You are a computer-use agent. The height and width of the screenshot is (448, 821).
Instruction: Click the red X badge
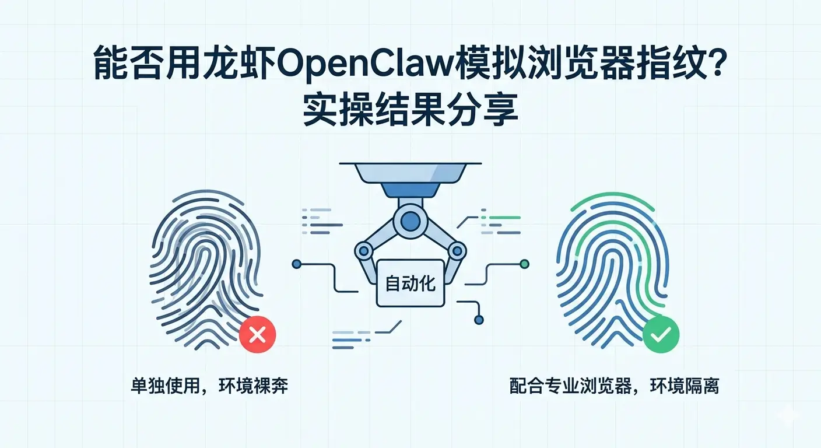tap(257, 334)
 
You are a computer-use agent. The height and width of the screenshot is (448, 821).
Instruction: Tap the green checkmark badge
tap(661, 334)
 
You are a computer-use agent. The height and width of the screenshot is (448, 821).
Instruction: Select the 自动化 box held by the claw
tap(410, 284)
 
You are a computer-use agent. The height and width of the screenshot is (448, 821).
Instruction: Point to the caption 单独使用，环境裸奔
tap(209, 386)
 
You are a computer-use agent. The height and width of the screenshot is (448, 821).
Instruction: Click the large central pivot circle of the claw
tap(410, 220)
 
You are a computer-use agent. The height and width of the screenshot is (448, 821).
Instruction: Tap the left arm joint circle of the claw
tap(364, 251)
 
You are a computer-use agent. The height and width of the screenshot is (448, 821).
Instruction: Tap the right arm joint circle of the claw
tap(457, 251)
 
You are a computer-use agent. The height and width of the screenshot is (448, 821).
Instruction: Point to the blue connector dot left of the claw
tap(296, 265)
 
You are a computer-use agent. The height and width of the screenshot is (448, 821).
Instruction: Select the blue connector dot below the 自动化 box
tap(479, 319)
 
